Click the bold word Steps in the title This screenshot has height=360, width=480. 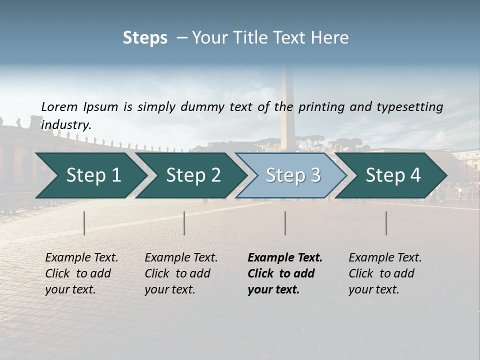click(145, 37)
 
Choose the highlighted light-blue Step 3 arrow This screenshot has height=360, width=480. click(293, 175)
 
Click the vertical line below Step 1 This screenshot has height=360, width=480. click(84, 223)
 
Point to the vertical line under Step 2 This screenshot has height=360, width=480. click(184, 223)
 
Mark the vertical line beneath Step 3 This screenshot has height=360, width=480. click(285, 223)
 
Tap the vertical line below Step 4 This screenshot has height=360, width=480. click(386, 223)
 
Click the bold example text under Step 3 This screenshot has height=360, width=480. click(284, 273)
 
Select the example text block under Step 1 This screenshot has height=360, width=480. click(81, 273)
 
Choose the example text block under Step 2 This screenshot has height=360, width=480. click(180, 273)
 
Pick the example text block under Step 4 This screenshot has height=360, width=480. click(384, 273)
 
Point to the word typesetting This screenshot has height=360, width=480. click(409, 107)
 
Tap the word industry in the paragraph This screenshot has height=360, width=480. click(65, 125)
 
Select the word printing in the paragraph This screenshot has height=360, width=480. click(319, 107)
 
